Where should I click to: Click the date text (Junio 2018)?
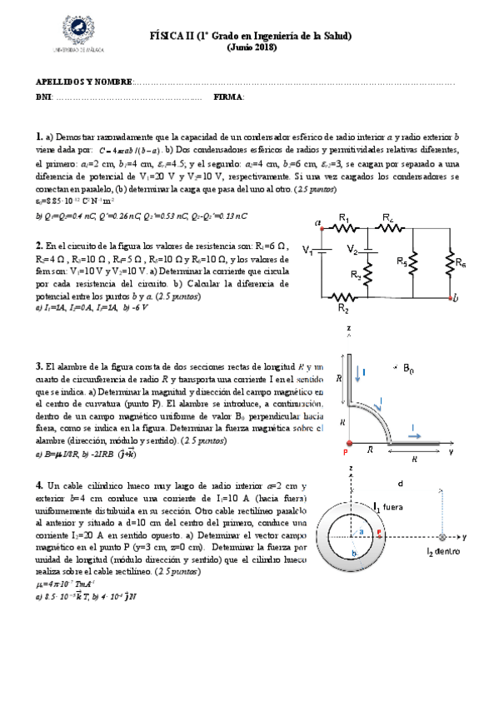pyautogui.click(x=251, y=48)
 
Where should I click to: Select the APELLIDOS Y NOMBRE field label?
pyautogui.click(x=83, y=82)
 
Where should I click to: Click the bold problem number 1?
pyautogui.click(x=39, y=137)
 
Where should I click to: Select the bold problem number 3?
pyautogui.click(x=39, y=366)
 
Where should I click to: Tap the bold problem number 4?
pyautogui.click(x=39, y=485)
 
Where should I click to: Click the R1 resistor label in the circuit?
pyautogui.click(x=343, y=219)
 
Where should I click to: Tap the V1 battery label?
pyautogui.click(x=307, y=249)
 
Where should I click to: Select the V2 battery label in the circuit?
pyautogui.click(x=352, y=250)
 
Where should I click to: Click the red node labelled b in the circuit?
pyautogui.click(x=450, y=297)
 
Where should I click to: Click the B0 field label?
pyautogui.click(x=409, y=368)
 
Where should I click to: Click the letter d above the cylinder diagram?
pyautogui.click(x=402, y=484)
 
